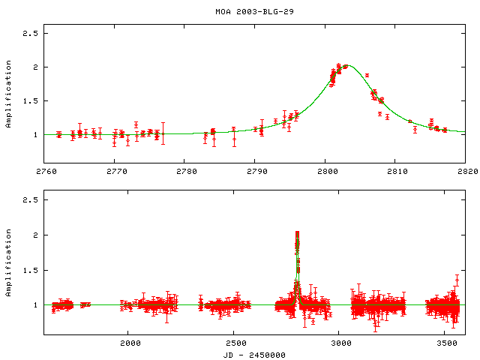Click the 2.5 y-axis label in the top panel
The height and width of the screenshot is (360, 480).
pos(30,34)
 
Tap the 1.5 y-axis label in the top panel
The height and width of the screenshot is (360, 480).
pos(30,101)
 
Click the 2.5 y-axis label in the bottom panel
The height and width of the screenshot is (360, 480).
pos(30,200)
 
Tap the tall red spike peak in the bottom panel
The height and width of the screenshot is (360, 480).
pos(298,233)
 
